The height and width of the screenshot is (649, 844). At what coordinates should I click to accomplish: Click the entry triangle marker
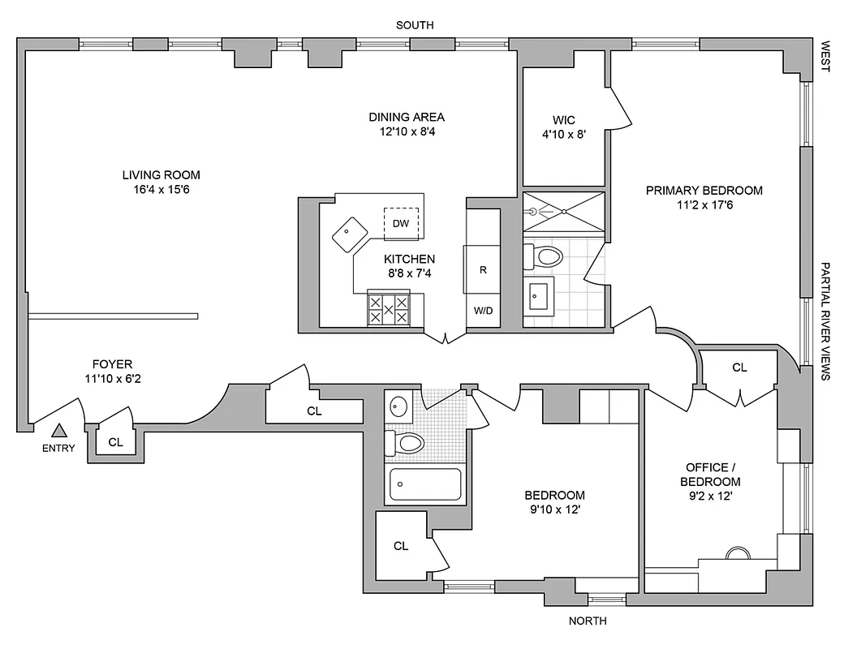(58, 431)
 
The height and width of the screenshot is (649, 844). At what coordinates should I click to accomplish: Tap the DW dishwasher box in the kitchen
(400, 223)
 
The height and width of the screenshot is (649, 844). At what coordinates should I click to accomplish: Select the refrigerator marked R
(482, 269)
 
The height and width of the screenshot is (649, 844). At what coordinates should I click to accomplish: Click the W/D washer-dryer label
(482, 311)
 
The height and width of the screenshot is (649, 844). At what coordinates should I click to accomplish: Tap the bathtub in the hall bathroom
(425, 484)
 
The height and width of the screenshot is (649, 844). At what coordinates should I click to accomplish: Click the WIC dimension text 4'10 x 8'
(563, 135)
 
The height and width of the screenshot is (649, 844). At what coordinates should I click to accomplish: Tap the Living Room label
(161, 174)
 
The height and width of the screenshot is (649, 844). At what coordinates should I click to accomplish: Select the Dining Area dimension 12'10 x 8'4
(407, 131)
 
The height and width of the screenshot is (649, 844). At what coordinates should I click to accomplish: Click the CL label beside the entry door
(115, 442)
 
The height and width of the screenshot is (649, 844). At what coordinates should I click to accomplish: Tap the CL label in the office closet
(738, 367)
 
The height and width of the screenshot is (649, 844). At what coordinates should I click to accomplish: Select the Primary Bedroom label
(704, 191)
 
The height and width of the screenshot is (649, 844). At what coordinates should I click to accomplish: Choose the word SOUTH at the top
(414, 25)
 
